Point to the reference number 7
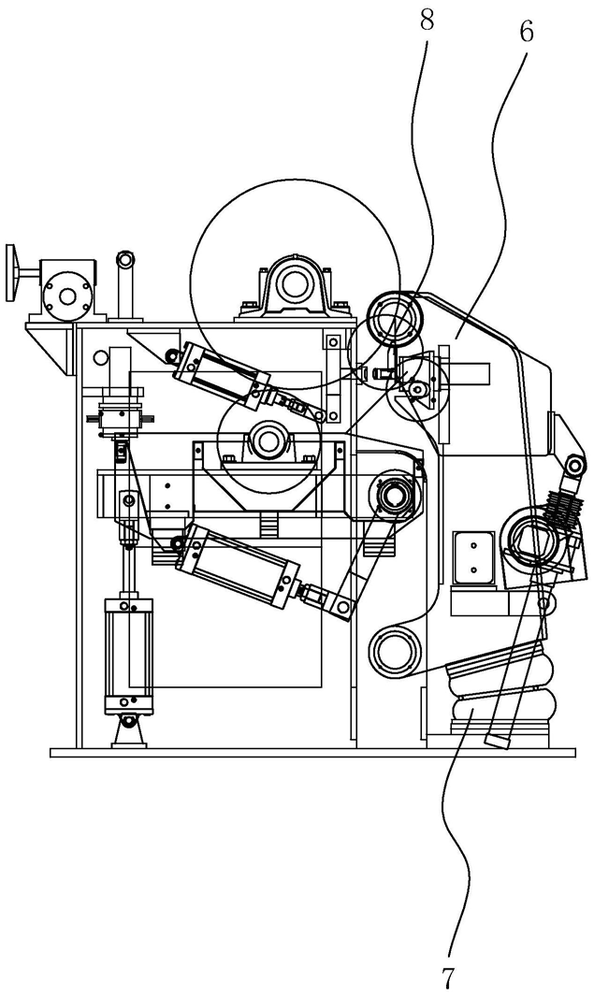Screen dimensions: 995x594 [x=447, y=977]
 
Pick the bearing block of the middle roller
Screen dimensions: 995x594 [x=267, y=441]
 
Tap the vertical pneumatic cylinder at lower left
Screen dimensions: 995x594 [x=130, y=652]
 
